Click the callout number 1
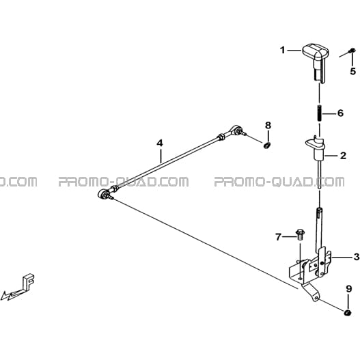click(x=283, y=50)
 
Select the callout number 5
click(x=353, y=71)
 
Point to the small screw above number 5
click(x=352, y=50)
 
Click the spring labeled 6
click(x=320, y=113)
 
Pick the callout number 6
click(x=340, y=113)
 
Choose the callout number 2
click(x=343, y=156)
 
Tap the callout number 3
click(x=357, y=257)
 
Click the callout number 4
click(x=160, y=143)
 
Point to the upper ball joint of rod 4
click(x=235, y=130)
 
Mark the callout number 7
click(x=278, y=237)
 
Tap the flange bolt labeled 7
click(x=300, y=235)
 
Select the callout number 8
click(x=268, y=126)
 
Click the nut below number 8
click(x=266, y=146)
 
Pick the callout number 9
click(x=349, y=289)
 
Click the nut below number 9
click(x=348, y=312)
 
